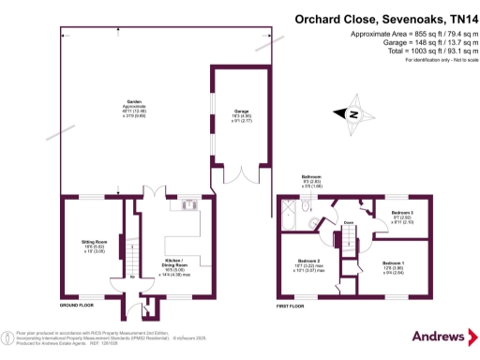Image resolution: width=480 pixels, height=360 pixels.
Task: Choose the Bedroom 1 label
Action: tap(394, 265)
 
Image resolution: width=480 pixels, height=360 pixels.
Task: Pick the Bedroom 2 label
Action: tap(310, 265)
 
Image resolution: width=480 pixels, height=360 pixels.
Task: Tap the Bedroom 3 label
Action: tap(402, 217)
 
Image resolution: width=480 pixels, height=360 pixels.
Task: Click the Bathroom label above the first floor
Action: tap(311, 179)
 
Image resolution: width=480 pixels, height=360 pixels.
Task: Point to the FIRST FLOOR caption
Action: tap(293, 307)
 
